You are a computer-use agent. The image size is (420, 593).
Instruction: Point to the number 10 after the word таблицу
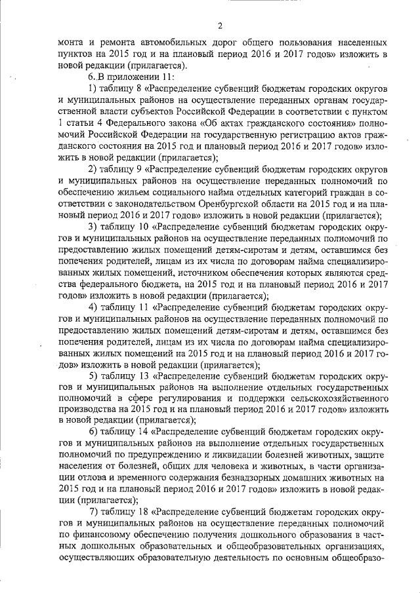(x=141, y=226)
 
